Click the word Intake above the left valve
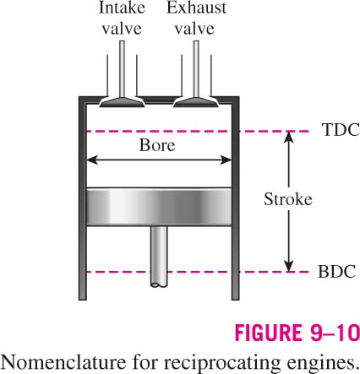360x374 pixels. [122, 8]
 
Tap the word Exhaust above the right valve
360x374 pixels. [196, 8]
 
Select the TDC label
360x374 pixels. [341, 130]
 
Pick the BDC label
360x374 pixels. [336, 272]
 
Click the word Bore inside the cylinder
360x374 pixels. [157, 145]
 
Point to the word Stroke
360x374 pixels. [288, 199]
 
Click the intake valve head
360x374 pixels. [122, 102]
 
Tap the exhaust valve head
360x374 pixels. [196, 102]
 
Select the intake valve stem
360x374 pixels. [122, 68]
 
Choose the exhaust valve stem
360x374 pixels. [196, 68]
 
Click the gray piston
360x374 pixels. [159, 207]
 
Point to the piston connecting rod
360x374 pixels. [159, 257]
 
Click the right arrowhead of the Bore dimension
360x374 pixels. [226, 160]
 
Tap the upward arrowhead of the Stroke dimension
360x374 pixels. [288, 138]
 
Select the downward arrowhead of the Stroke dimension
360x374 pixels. [288, 266]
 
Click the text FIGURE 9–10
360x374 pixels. [297, 333]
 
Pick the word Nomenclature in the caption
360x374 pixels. [63, 362]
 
